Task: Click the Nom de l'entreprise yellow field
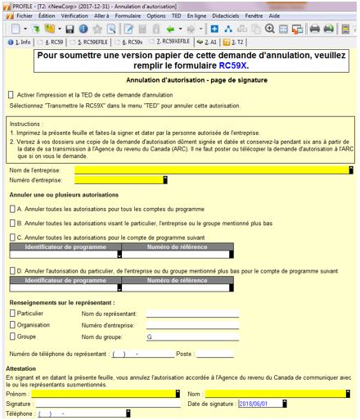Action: pos(213,170)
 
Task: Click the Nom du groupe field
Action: pos(192,336)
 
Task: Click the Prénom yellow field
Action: pos(106,394)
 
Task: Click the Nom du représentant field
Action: pos(192,313)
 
